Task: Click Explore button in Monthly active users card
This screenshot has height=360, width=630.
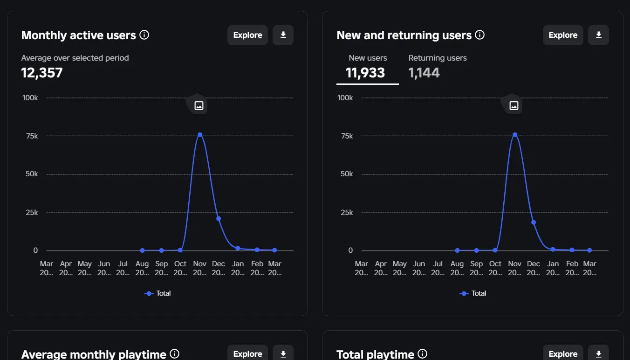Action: coord(247,35)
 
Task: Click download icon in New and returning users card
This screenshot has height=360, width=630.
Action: coord(599,35)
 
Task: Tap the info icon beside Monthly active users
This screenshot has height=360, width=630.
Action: coord(144,35)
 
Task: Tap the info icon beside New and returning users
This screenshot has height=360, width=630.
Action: coord(479,35)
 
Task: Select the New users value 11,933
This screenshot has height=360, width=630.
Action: coord(365,73)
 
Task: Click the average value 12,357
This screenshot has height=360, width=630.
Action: coord(42,73)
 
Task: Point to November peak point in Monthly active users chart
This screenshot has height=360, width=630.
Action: coord(200,135)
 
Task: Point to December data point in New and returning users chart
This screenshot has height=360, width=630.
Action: coord(534,222)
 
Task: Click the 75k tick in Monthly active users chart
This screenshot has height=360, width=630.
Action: coord(32,136)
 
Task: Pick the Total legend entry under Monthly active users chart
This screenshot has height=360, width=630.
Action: coord(158,293)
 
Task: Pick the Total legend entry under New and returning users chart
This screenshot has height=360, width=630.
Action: coord(473,293)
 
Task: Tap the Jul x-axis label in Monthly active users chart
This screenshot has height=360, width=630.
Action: coord(123,268)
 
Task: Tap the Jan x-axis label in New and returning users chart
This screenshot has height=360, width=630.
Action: coord(553,268)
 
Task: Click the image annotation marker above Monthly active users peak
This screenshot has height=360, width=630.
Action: coord(199,105)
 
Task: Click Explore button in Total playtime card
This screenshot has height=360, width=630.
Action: coord(563,354)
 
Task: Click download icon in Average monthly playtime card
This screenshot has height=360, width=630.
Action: coord(283,354)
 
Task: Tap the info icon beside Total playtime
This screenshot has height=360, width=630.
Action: coord(422,354)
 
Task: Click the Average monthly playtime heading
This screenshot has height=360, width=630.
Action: coord(94,354)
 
